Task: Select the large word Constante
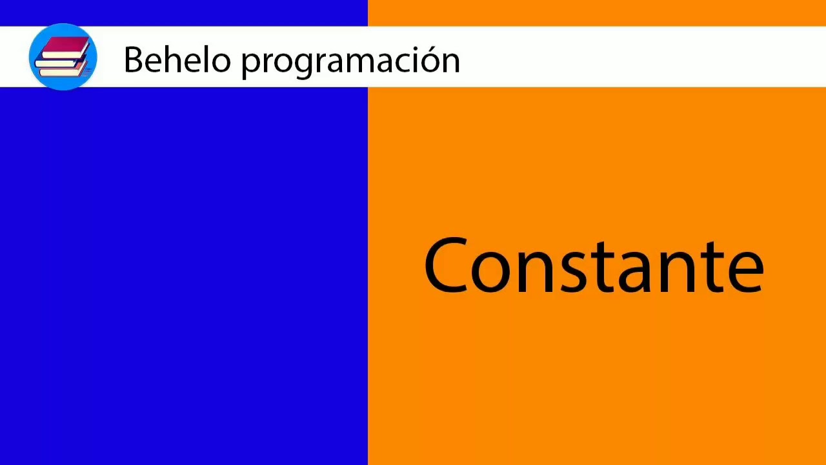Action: [594, 266]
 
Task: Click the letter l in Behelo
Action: [205, 59]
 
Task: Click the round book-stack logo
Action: [63, 57]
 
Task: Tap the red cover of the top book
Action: [65, 45]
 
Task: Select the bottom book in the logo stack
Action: [63, 72]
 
